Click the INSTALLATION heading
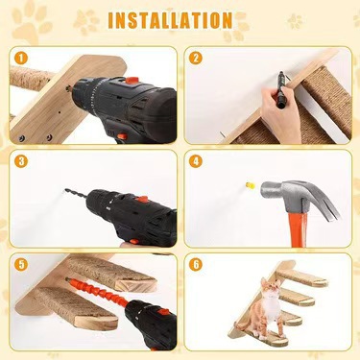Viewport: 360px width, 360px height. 170,20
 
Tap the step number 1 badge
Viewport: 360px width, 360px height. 21,58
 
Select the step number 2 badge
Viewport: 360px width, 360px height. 196,58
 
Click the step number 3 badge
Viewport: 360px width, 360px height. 21,161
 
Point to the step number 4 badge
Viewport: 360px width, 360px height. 196,161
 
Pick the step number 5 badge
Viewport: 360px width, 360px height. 21,265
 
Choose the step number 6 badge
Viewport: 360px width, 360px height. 196,265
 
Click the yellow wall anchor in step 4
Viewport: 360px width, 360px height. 251,185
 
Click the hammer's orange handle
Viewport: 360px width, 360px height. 298,228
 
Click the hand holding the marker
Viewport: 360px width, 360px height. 280,113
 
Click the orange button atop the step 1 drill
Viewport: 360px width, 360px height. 132,81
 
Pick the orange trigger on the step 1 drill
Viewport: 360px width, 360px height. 121,136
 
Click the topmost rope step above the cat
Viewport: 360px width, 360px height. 302,277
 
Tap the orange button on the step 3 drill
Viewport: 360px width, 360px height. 141,200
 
